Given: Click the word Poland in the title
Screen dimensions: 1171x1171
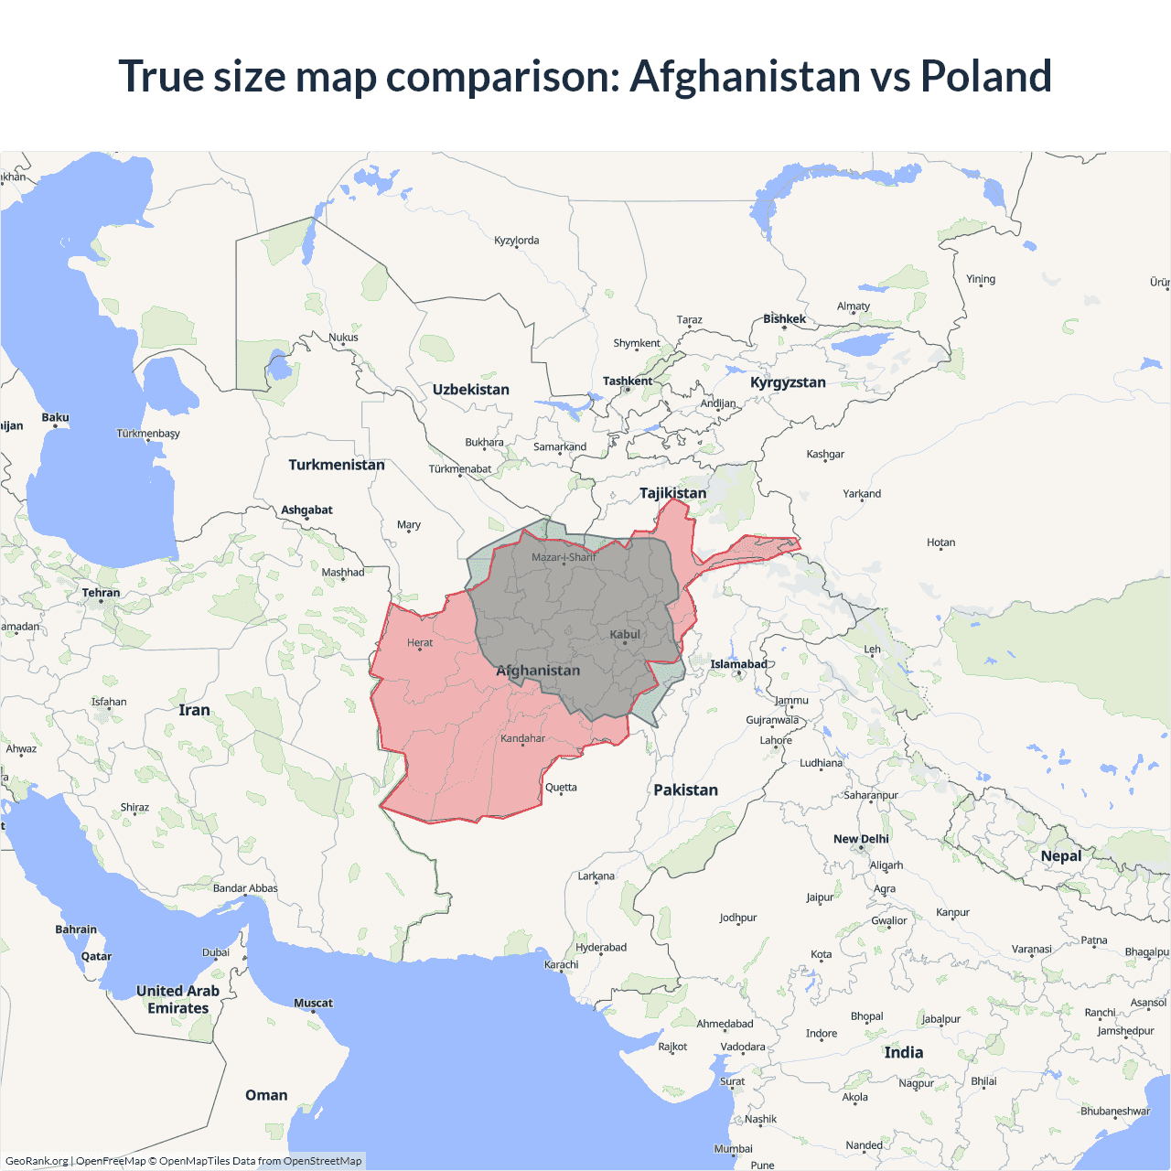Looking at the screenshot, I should click(x=985, y=76).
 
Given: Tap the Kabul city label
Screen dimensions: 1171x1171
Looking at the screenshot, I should click(x=625, y=634).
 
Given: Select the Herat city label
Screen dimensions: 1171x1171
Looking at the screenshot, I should click(x=420, y=642).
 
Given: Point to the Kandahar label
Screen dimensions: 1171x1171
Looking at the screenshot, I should click(x=522, y=738).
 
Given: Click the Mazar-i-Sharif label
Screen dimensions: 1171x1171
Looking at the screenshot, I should click(x=563, y=557).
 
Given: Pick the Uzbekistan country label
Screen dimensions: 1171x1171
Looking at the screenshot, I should click(x=470, y=389).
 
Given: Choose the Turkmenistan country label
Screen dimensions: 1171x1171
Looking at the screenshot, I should click(x=337, y=465).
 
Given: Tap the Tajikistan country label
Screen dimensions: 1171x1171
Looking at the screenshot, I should click(x=672, y=493).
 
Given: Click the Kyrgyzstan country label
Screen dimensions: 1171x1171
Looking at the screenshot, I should click(x=788, y=382).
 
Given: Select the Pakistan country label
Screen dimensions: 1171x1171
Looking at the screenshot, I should click(x=685, y=790).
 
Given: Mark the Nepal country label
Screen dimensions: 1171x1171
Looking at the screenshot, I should click(x=1061, y=856).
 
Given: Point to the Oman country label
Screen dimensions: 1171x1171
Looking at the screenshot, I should click(x=266, y=1095).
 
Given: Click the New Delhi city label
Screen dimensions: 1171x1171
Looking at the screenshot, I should click(x=861, y=839).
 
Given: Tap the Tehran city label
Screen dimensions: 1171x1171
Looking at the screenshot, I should click(x=101, y=593).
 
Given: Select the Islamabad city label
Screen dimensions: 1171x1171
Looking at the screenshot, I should click(x=738, y=664).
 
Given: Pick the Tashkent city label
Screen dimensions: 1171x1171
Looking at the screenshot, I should click(x=628, y=381).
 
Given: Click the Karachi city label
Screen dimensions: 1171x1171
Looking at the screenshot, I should click(x=561, y=964).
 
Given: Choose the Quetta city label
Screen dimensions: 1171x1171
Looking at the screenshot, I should click(x=561, y=787).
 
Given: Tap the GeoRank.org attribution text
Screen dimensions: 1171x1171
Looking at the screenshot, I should click(x=37, y=1161).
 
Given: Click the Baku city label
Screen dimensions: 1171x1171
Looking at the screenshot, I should click(x=55, y=417).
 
